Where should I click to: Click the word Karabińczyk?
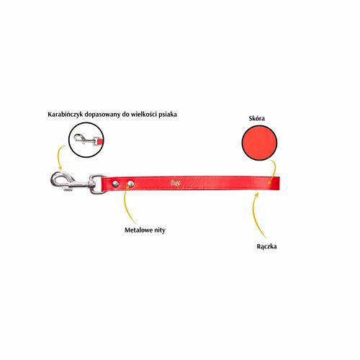coord(63,114)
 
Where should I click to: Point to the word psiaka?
coord(168,114)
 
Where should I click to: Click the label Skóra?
coord(257,118)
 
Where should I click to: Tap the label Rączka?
coord(266,246)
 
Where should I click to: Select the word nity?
coord(159,230)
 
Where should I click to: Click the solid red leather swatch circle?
coord(259,143)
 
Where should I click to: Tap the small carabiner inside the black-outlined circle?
coord(86,139)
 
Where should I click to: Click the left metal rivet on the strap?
coord(116,184)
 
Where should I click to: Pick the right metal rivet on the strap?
coord(130,184)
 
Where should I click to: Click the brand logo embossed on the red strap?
coord(176,184)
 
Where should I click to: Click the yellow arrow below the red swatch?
coord(274,171)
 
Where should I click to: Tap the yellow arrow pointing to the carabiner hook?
coord(60,157)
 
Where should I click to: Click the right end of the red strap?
coord(280,184)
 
